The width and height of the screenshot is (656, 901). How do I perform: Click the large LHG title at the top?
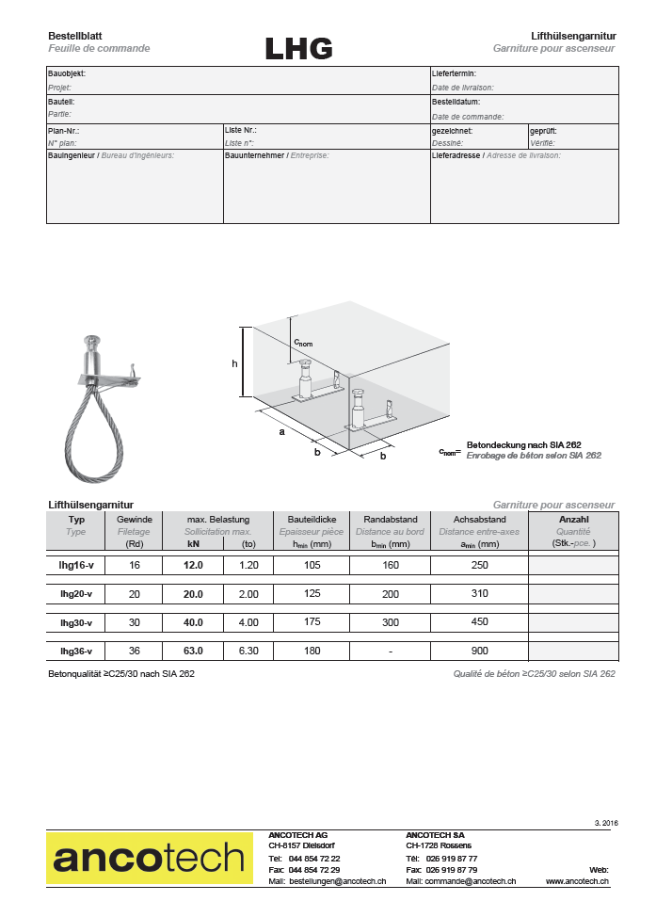pyautogui.click(x=298, y=48)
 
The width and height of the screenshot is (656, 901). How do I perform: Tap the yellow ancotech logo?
pyautogui.click(x=150, y=857)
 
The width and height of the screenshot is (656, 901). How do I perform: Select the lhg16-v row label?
pyautogui.click(x=76, y=566)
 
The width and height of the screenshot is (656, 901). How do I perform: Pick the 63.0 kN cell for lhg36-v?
pyautogui.click(x=193, y=651)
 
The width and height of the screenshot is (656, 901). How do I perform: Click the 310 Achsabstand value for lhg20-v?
pyautogui.click(x=479, y=594)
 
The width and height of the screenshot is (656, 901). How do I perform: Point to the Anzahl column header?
pyautogui.click(x=573, y=519)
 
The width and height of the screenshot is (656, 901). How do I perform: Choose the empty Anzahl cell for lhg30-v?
pyautogui.click(x=573, y=622)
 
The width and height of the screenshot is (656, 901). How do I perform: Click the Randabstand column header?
pyautogui.click(x=390, y=519)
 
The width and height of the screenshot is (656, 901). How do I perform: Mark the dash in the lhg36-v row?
pyautogui.click(x=390, y=651)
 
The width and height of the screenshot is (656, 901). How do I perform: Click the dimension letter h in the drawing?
pyautogui.click(x=234, y=362)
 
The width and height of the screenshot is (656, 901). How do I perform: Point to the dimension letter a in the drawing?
pyautogui.click(x=280, y=432)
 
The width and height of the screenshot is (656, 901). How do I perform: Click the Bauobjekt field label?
pyautogui.click(x=67, y=72)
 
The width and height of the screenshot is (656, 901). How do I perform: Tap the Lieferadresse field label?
pyautogui.click(x=456, y=154)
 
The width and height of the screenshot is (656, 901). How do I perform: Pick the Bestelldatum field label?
pyautogui.click(x=456, y=102)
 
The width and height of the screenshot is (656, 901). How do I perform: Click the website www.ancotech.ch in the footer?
pyautogui.click(x=577, y=880)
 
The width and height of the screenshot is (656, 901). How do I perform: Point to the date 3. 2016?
pyautogui.click(x=606, y=822)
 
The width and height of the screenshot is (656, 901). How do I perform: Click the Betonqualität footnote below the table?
pyautogui.click(x=121, y=674)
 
